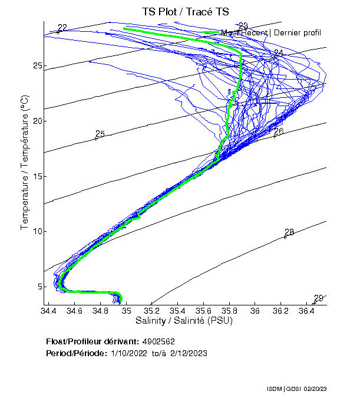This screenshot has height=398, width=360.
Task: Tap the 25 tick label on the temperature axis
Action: pos(37,65)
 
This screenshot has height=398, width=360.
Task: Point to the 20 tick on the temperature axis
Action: pos(37,121)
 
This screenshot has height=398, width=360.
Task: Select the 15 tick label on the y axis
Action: pos(37,176)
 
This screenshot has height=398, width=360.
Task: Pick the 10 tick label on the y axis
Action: pos(37,231)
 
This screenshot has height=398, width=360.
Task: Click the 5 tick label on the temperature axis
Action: pos(39,287)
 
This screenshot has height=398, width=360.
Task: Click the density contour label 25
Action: pos(100,134)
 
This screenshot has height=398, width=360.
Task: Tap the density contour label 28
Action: pos(289,232)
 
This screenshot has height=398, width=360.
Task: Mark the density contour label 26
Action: pos(279,131)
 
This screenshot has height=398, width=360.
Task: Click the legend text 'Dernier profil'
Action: pos(297,33)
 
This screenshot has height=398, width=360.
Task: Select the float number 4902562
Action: pos(158,341)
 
